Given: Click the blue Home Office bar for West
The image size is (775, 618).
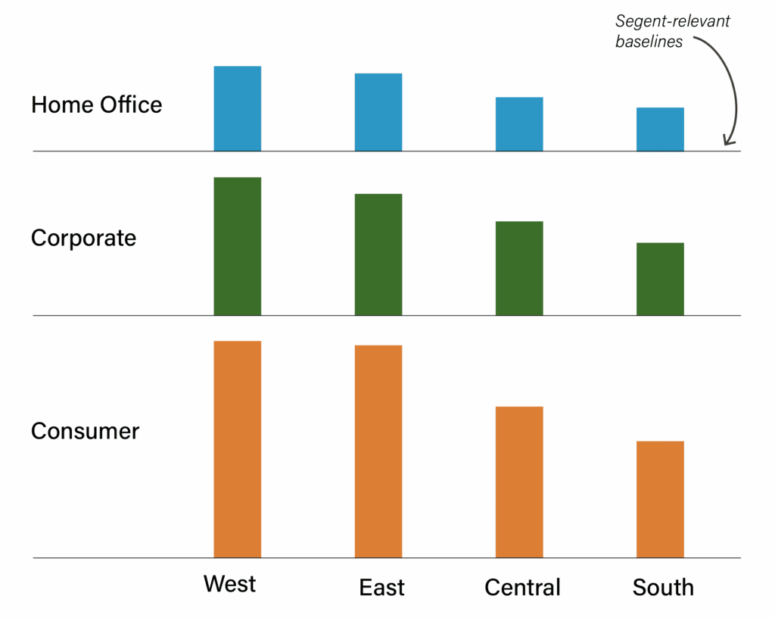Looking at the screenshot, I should pyautogui.click(x=237, y=108).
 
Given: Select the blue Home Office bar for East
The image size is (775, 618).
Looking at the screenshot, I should pyautogui.click(x=378, y=112).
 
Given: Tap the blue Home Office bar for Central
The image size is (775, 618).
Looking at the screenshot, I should pyautogui.click(x=519, y=124).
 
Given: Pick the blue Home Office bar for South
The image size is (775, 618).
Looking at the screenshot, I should pyautogui.click(x=660, y=130).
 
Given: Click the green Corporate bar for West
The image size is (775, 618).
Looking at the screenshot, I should pyautogui.click(x=237, y=246).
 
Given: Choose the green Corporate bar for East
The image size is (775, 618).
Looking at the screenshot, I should pyautogui.click(x=378, y=254).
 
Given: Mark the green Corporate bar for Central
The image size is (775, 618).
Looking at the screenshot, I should pyautogui.click(x=519, y=268).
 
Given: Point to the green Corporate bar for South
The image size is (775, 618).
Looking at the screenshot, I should pyautogui.click(x=660, y=279).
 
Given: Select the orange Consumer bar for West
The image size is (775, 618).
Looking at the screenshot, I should pyautogui.click(x=237, y=449).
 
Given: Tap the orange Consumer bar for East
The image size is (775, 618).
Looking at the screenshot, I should pyautogui.click(x=378, y=451).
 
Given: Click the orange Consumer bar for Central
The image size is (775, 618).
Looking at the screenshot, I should pyautogui.click(x=519, y=482).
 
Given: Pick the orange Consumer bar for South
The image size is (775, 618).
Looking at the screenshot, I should pyautogui.click(x=660, y=499).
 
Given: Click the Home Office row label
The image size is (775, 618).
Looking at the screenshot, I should pyautogui.click(x=96, y=105).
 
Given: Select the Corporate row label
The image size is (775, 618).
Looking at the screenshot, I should pyautogui.click(x=83, y=238).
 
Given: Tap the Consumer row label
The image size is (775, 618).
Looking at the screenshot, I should pyautogui.click(x=85, y=431).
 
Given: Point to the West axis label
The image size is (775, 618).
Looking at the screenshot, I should pyautogui.click(x=229, y=584).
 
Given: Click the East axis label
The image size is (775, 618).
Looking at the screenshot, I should pyautogui.click(x=381, y=588).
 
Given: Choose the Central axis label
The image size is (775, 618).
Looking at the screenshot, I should pyautogui.click(x=522, y=588).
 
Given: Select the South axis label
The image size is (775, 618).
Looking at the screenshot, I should pyautogui.click(x=663, y=588).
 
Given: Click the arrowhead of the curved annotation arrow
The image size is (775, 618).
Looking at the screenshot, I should pyautogui.click(x=727, y=141).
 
